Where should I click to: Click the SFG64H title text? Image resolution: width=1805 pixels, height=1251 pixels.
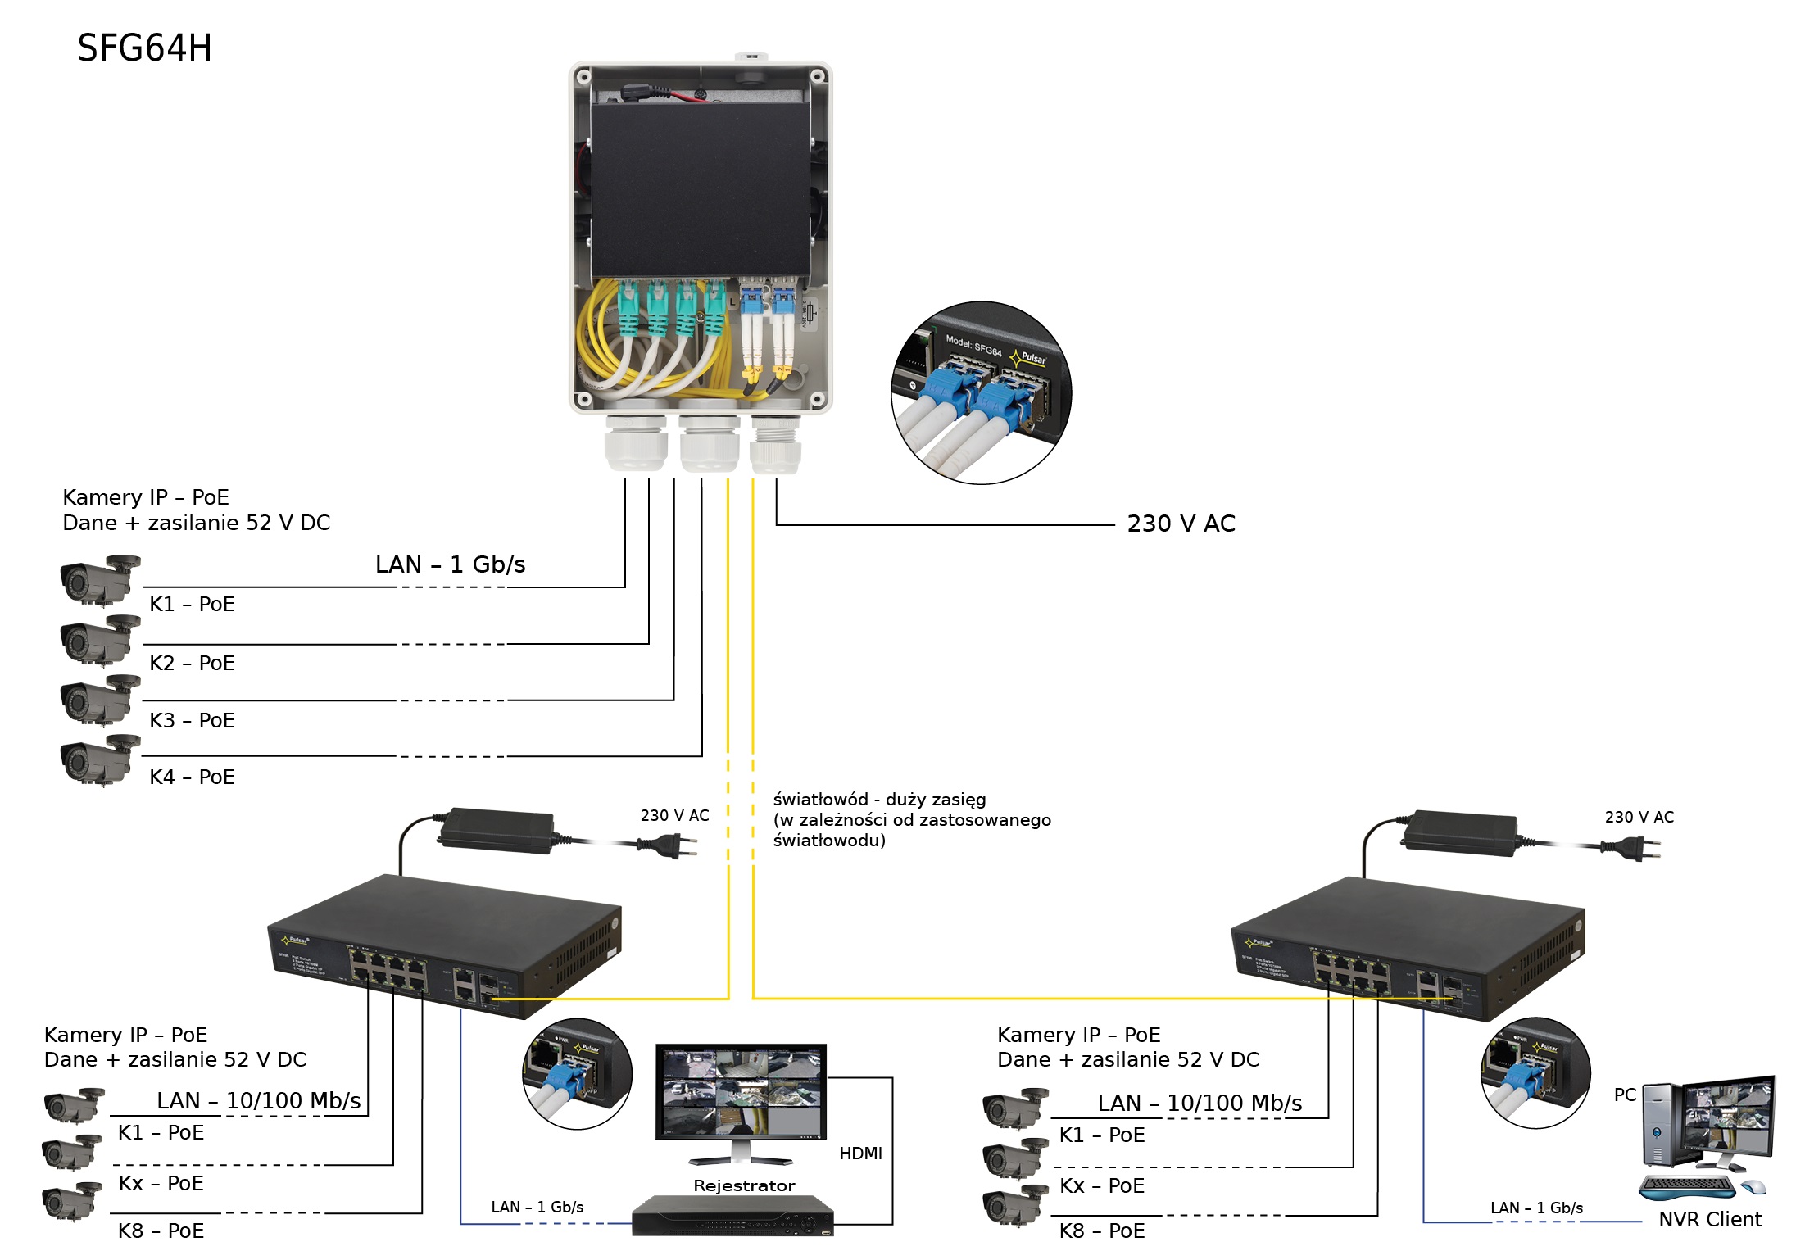click(144, 48)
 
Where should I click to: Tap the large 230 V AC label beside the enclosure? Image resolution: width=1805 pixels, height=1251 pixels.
click(1180, 524)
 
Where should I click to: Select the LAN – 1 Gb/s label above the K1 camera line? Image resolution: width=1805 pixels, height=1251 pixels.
click(450, 564)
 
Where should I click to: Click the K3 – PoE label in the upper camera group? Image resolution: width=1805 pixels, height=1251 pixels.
click(192, 720)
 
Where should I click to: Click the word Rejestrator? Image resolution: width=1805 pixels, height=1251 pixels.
click(743, 1185)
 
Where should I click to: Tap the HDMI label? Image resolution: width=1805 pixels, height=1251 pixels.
click(860, 1153)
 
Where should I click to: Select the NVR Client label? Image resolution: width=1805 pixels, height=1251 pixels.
click(1709, 1220)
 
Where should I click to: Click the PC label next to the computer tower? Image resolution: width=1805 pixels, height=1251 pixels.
click(1625, 1095)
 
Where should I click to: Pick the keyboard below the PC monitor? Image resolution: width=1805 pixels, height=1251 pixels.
click(1686, 1186)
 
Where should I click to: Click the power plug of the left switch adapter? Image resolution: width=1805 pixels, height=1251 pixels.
click(670, 845)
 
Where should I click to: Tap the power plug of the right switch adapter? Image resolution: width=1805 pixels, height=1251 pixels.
click(1634, 848)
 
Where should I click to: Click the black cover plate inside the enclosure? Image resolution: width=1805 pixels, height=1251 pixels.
click(701, 188)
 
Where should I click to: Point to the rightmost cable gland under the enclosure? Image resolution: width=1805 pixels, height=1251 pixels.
click(775, 446)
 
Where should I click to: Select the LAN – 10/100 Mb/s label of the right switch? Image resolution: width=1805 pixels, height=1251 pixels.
click(1200, 1104)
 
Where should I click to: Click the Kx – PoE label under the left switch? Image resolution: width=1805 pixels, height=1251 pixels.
click(161, 1184)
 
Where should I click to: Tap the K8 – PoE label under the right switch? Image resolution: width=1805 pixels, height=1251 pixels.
click(1101, 1231)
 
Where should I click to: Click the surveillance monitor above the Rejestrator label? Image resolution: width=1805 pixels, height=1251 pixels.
click(741, 1091)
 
